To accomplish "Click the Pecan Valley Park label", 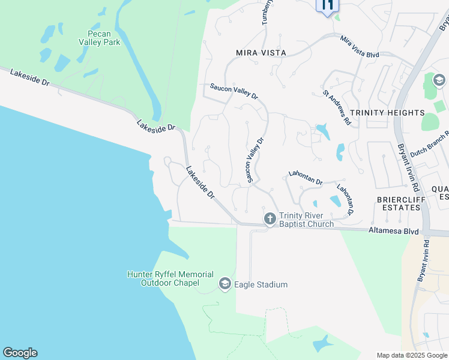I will click(99, 38).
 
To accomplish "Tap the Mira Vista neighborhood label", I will click(261, 53).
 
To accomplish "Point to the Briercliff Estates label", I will click(399, 203).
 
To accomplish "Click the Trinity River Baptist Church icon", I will click(270, 218).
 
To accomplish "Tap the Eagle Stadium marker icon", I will click(225, 284).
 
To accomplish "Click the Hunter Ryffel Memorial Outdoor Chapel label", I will click(170, 278).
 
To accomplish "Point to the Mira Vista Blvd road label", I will click(360, 47).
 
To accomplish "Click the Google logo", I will click(20, 353).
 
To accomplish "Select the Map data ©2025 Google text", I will click(411, 355).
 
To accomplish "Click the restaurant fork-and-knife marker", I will click(327, 5).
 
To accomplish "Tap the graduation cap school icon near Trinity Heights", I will click(439, 80).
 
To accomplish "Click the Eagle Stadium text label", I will click(261, 284).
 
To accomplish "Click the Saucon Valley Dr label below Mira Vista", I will click(234, 91).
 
